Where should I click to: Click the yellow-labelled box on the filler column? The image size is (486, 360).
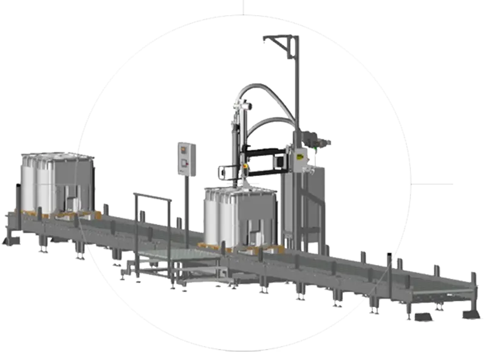click(299, 160)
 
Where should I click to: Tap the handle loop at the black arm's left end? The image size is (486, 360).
click(227, 172)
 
